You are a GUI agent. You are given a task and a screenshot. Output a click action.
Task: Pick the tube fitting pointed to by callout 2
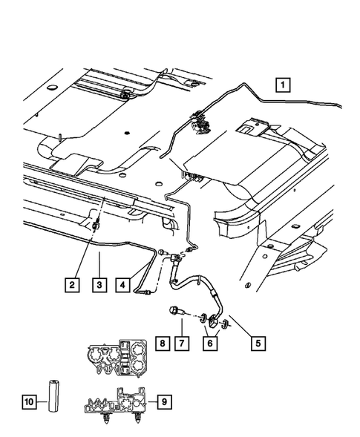95,229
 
